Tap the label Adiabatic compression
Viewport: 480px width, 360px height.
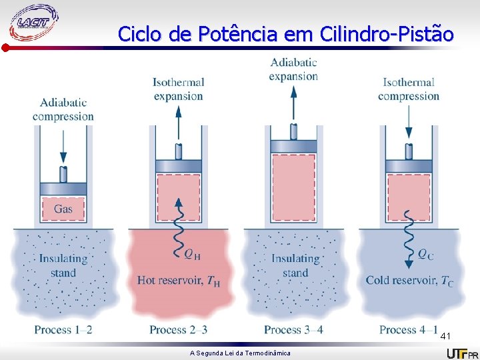point(63,109)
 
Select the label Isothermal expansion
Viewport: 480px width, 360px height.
point(178,89)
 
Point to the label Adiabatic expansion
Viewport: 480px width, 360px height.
point(293,69)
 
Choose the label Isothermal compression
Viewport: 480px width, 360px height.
point(409,89)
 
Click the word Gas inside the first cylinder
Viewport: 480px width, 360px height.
point(63,209)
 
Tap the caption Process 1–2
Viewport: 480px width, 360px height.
point(63,329)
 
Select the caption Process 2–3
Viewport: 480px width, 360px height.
point(178,329)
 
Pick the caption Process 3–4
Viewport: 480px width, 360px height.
point(293,329)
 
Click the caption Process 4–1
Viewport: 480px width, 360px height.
point(408,329)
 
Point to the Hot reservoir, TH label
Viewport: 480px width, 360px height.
point(178,281)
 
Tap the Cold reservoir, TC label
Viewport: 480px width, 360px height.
point(409,281)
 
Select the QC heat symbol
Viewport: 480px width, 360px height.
point(426,253)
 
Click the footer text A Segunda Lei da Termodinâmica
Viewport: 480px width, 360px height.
point(240,353)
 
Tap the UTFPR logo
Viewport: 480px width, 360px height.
point(461,353)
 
